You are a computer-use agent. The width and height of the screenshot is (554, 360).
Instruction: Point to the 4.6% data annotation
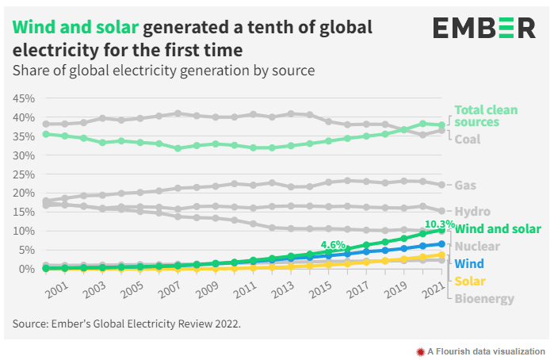pos(334,245)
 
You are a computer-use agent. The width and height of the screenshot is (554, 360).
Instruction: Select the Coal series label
pos(468,139)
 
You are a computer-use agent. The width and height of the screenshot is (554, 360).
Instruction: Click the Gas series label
pos(465,185)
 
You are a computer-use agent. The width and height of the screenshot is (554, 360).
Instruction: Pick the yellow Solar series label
pos(470,281)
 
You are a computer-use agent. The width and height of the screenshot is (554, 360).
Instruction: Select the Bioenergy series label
pos(484,299)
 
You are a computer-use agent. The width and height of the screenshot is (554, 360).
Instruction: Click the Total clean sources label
pos(487,116)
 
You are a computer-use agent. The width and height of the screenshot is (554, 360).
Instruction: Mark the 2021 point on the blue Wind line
pos(441,244)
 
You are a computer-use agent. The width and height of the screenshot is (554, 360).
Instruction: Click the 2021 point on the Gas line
pos(441,185)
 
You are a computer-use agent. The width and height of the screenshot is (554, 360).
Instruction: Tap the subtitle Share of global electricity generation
pos(163,71)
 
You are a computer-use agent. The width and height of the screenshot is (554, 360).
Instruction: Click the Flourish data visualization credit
pos(481,350)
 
